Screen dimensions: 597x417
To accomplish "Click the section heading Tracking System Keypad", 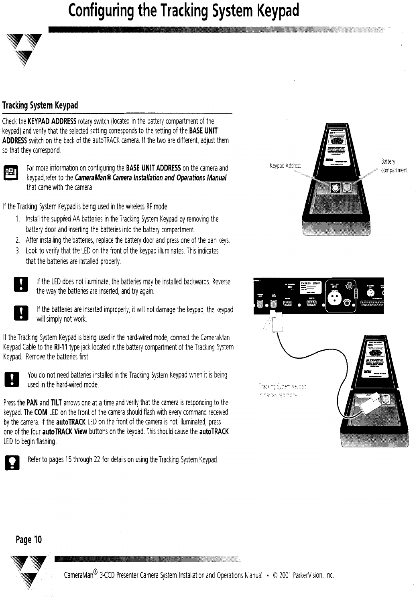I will pos(40,106).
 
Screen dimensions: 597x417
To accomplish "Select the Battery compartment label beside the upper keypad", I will pos(394,166).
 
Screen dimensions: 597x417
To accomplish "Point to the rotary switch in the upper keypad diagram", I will pos(335,187).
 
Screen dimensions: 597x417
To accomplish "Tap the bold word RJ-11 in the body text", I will pos(61,347).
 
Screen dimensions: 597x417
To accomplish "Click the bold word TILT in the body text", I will pos(56,403).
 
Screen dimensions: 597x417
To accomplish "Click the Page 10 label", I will pos(28,539).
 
